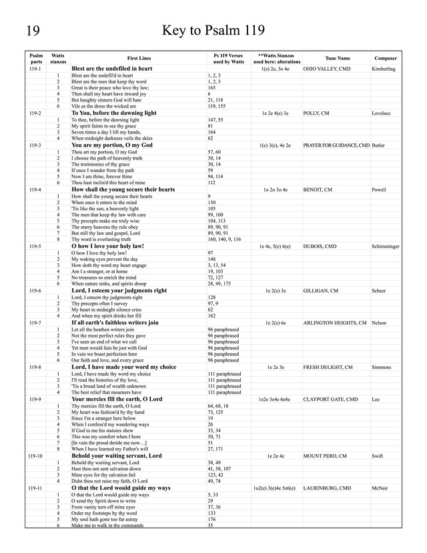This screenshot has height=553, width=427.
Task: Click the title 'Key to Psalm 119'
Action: tap(213, 31)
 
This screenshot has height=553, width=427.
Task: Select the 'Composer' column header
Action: tap(386, 58)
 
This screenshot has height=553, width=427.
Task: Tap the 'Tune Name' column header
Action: tap(337, 58)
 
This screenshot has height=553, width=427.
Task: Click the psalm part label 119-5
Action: tap(35, 246)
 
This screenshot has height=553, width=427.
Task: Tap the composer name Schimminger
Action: tap(386, 246)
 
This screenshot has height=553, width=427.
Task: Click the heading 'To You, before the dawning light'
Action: tap(114, 113)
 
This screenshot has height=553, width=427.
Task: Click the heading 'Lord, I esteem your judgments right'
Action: tap(119, 291)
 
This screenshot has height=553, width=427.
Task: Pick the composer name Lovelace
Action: tap(382, 113)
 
